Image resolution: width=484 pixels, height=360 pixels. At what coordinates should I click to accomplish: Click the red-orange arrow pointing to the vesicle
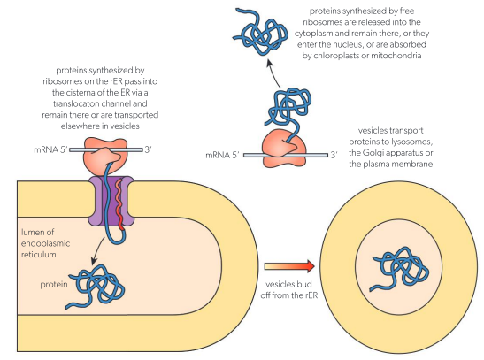[x=290, y=264]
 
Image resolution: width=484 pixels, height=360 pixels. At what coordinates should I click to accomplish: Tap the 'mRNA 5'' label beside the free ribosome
[x=221, y=155]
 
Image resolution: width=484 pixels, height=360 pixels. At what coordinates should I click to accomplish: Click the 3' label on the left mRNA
[x=173, y=149]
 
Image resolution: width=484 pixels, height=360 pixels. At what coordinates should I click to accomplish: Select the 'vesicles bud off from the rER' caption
[x=288, y=291]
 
